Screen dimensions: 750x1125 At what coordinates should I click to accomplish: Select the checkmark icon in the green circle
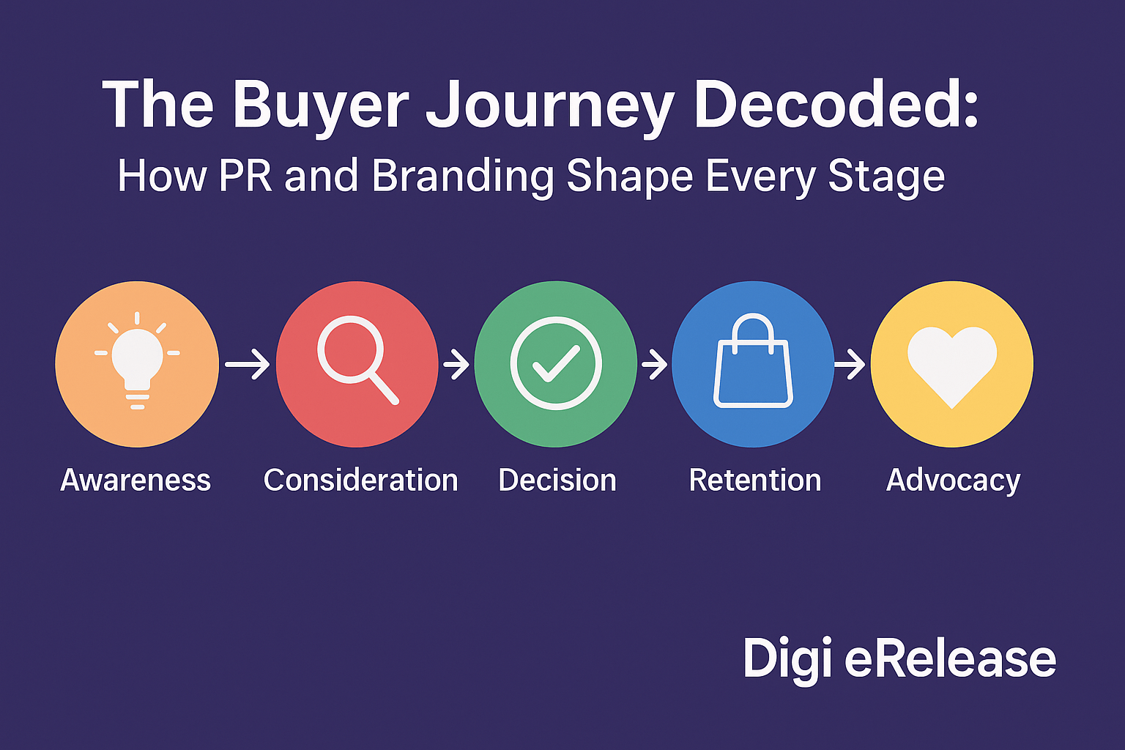(556, 363)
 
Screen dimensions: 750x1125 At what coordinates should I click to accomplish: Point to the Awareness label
(135, 480)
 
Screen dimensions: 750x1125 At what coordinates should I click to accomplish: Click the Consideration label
(360, 480)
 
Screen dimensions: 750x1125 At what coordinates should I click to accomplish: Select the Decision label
(557, 480)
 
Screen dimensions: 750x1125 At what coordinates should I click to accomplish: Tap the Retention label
(755, 480)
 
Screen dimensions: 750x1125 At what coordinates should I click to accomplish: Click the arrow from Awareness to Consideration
(248, 364)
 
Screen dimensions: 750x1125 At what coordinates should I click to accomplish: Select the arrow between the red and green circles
(456, 364)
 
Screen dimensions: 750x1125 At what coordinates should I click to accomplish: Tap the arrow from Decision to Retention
(654, 364)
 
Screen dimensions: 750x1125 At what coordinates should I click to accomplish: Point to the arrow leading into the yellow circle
(851, 364)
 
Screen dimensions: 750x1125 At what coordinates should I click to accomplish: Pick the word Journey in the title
(549, 106)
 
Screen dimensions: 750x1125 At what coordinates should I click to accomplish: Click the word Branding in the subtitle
(462, 177)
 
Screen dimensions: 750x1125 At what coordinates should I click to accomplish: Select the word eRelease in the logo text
(950, 658)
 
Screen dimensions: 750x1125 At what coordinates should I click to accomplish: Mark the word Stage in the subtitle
(886, 178)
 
